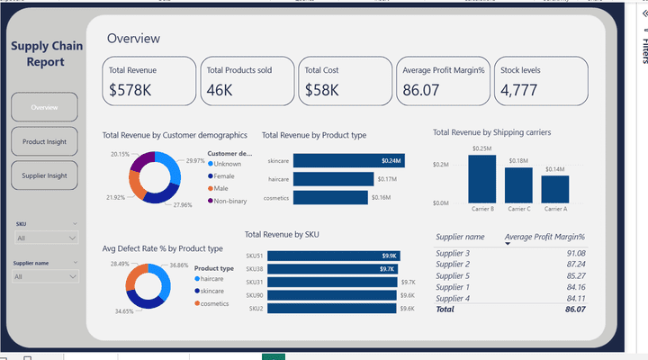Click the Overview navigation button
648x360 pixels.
pyautogui.click(x=44, y=108)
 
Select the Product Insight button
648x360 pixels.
pyautogui.click(x=44, y=141)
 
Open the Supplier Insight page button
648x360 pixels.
pyautogui.click(x=44, y=175)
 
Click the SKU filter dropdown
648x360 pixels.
pyautogui.click(x=46, y=238)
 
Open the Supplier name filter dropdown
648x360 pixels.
pyautogui.click(x=46, y=276)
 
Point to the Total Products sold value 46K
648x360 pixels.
pyautogui.click(x=220, y=90)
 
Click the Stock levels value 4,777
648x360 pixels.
pyautogui.click(x=518, y=90)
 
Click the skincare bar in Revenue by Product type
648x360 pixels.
pyautogui.click(x=348, y=160)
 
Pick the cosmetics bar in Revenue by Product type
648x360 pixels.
pyautogui.click(x=330, y=197)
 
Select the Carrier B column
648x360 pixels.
pyautogui.click(x=481, y=179)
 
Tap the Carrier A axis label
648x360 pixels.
pyautogui.click(x=554, y=209)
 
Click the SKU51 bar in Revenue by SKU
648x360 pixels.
pyautogui.click(x=333, y=256)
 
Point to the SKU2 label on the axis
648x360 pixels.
pyautogui.click(x=256, y=309)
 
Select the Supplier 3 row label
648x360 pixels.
pyautogui.click(x=453, y=253)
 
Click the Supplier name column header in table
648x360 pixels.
pyautogui.click(x=460, y=237)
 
